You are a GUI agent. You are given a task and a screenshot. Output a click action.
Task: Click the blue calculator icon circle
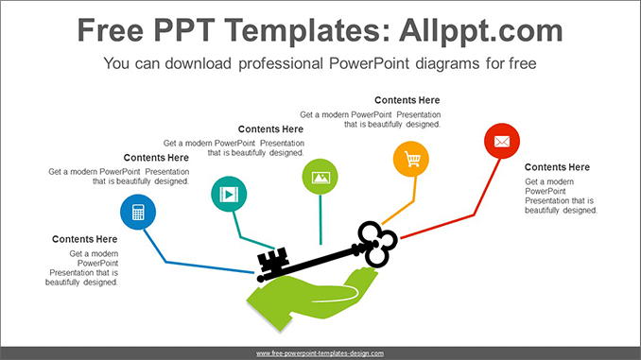(138, 213)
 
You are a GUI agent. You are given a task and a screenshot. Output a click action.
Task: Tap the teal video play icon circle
(228, 195)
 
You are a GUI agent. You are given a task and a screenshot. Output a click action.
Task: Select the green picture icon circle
(320, 176)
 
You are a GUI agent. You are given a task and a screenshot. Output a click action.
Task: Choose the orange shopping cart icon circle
(411, 159)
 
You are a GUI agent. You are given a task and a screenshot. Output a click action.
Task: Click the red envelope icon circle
(502, 142)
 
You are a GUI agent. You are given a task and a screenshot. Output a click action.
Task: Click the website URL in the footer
(320, 352)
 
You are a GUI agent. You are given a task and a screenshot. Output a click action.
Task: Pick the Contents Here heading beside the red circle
(557, 167)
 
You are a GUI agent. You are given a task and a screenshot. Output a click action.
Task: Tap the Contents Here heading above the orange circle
(407, 100)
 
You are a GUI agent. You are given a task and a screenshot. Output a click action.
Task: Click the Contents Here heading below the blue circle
(85, 240)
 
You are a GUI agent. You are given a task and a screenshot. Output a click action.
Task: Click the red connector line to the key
(454, 216)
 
